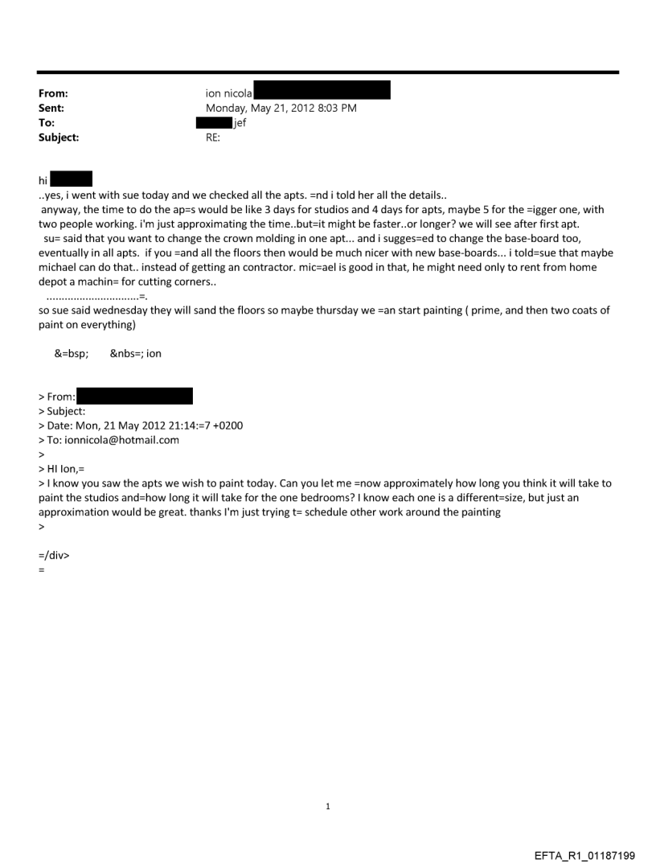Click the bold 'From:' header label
[x=52, y=94]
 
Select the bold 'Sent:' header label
[x=51, y=109]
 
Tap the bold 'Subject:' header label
[x=58, y=138]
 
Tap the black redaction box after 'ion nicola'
[x=322, y=90]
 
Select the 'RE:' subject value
[x=214, y=138]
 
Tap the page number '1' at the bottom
[x=328, y=805]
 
